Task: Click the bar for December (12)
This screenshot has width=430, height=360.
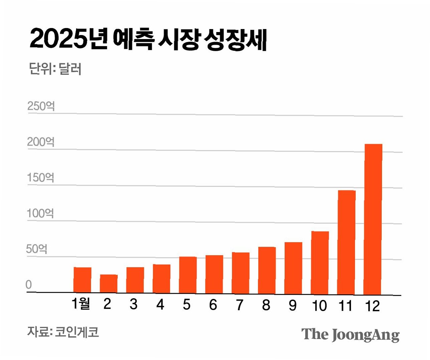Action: [x=373, y=219]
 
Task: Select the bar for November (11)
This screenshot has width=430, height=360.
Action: [x=346, y=242]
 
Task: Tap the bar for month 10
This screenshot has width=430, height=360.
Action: [x=320, y=263]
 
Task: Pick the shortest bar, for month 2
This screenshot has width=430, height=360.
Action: [x=109, y=284]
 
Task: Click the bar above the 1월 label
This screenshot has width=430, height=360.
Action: [x=82, y=280]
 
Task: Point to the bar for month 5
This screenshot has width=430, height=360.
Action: [x=188, y=275]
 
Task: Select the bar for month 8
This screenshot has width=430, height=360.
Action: [x=267, y=270]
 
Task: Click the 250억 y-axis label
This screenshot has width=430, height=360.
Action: [x=41, y=107]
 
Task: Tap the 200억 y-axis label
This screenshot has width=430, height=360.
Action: [x=41, y=142]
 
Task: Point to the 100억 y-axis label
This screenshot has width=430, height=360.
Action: [x=40, y=213]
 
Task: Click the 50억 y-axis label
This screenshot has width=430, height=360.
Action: [x=37, y=249]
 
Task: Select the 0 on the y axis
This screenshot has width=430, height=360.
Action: [x=29, y=285]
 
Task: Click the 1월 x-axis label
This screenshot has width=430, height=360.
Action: [x=81, y=304]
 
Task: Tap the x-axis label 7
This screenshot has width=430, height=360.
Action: [x=240, y=305]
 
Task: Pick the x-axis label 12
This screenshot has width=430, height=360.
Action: [x=372, y=306]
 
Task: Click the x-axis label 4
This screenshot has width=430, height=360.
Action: [x=160, y=304]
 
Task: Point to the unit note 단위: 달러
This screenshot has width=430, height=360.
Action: [x=55, y=69]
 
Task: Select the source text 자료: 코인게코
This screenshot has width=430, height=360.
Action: [x=63, y=332]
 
